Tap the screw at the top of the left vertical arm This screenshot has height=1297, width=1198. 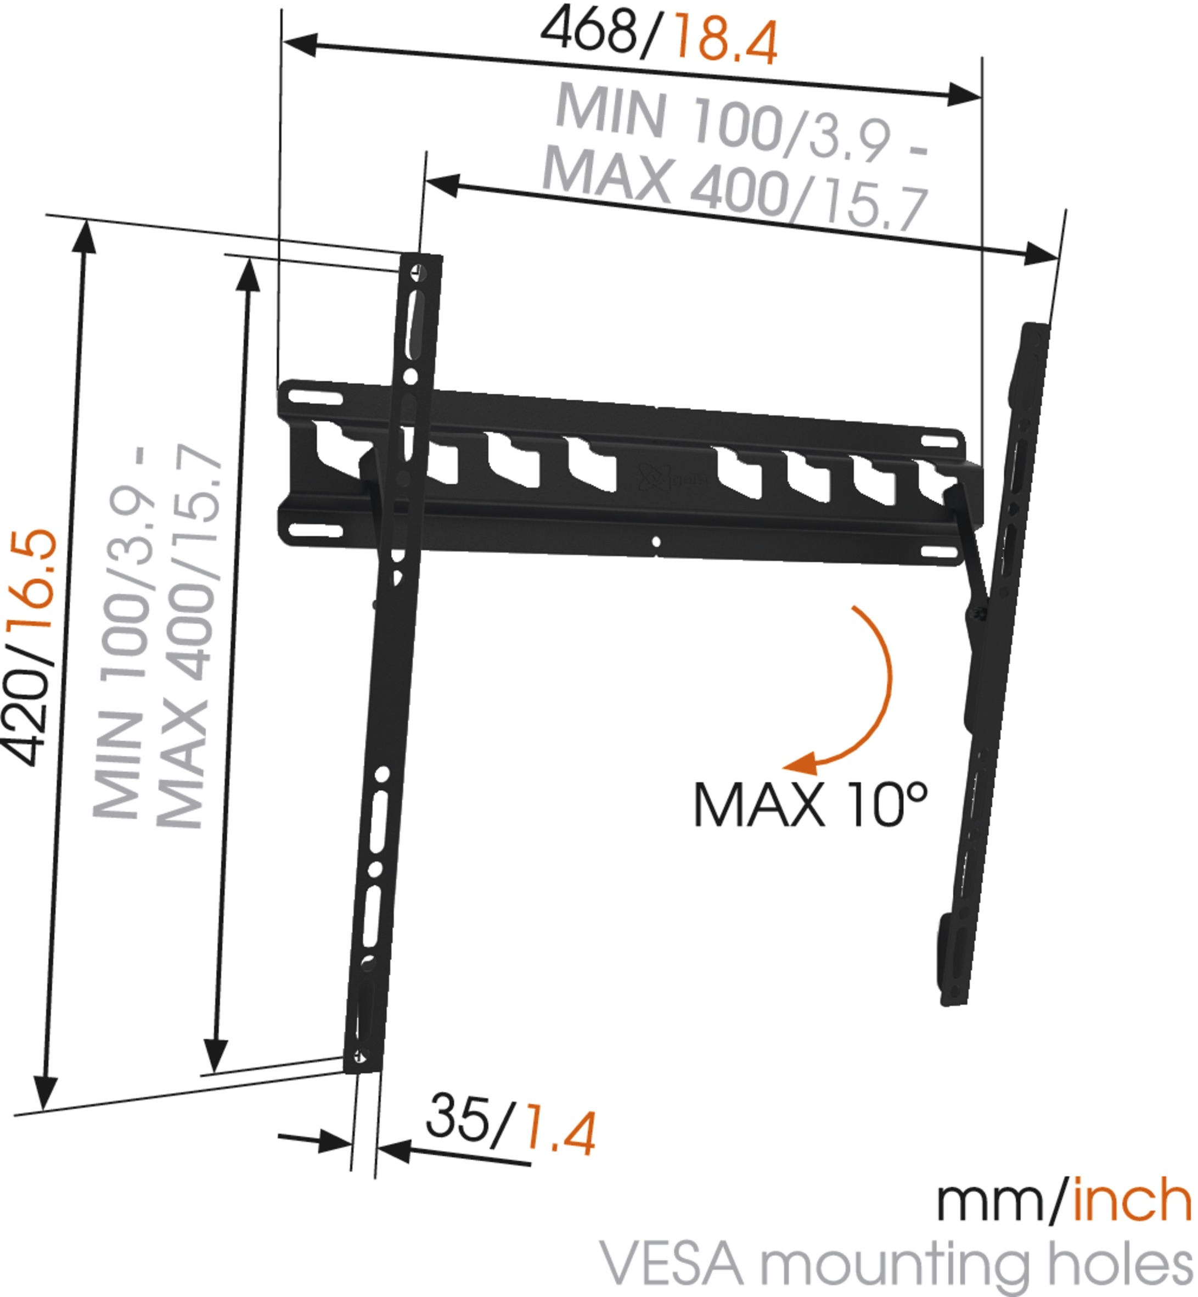point(419,272)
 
